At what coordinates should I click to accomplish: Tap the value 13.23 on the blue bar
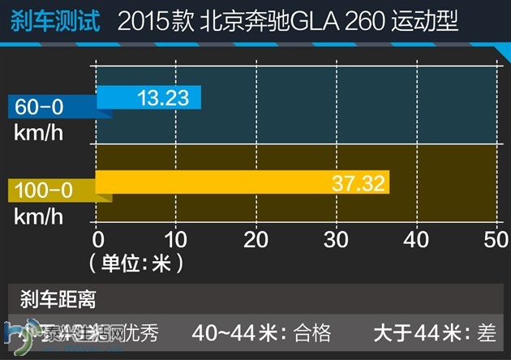coord(163,98)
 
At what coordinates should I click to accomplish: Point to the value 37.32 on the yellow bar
coord(358,183)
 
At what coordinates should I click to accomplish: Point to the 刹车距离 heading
coord(58,298)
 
